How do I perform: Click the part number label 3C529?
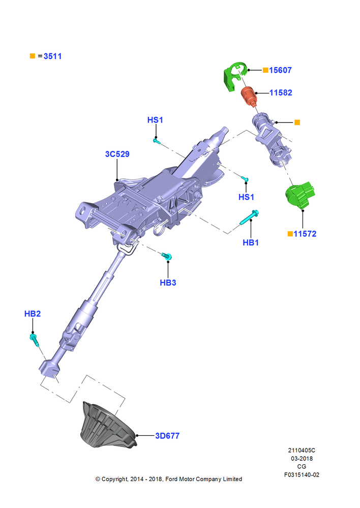(117, 154)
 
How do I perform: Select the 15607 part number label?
(280, 70)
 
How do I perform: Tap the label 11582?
(281, 92)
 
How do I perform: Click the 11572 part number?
(305, 234)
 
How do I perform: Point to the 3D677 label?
(167, 436)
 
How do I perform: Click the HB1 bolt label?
(251, 242)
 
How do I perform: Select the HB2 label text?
(33, 313)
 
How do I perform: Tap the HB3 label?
(168, 282)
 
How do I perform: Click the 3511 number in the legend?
(52, 56)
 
